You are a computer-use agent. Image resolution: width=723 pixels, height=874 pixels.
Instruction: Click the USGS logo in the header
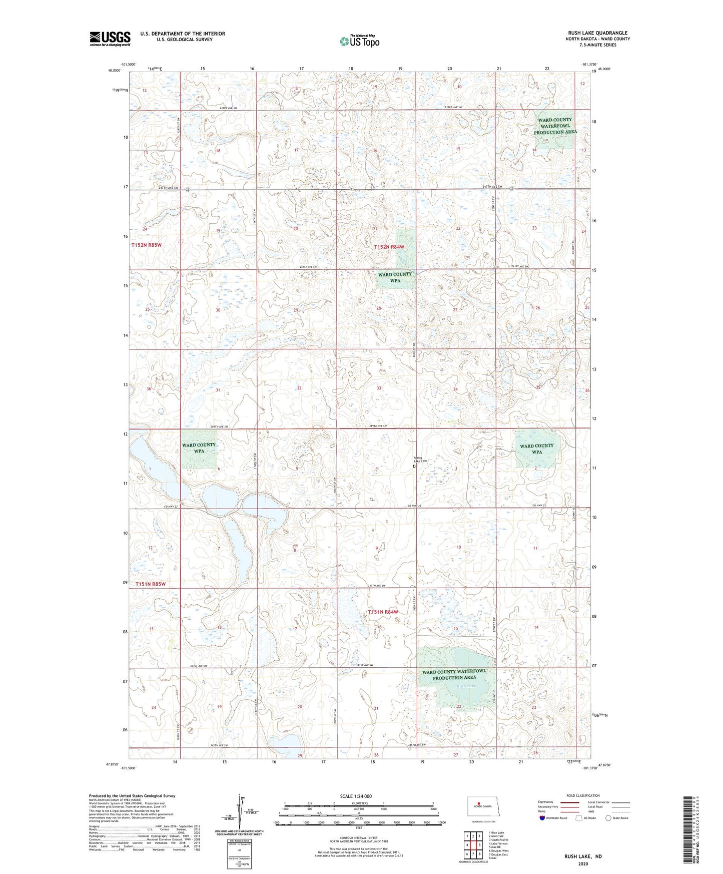pos(110,39)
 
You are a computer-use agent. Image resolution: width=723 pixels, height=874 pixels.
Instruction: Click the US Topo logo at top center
pos(359,41)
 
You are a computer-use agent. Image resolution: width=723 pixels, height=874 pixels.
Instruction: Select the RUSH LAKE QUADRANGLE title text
pos(597,33)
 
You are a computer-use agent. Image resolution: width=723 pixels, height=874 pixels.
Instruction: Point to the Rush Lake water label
pos(465,686)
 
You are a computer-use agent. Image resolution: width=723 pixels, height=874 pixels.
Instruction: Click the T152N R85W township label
pos(147,245)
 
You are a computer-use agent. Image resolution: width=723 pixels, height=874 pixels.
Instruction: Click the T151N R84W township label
pos(383,612)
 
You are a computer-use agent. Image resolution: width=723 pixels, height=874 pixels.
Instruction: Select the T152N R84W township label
pos(389,247)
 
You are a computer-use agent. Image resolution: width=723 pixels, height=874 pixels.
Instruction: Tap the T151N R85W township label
pos(150,584)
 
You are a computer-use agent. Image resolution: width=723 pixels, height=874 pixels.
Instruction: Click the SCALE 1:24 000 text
pos(356,796)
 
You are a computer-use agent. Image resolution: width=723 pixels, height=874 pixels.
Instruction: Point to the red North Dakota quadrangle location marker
pos(478,805)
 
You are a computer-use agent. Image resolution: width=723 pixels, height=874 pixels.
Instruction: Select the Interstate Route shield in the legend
pos(542,817)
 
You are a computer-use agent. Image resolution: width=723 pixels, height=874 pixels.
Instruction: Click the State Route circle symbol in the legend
pos(608,817)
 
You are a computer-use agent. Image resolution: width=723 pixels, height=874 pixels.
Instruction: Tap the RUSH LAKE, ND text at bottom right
pos(583,856)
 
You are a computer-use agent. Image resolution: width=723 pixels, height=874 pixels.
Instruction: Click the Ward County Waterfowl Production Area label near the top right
pos(555,126)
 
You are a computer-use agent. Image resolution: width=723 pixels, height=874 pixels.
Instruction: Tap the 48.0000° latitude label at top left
pos(115,71)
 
